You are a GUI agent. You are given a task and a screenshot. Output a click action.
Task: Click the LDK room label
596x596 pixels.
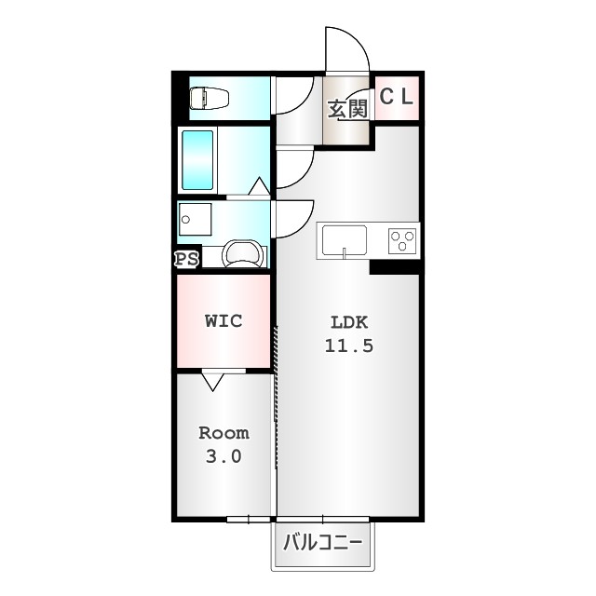pyautogui.click(x=350, y=323)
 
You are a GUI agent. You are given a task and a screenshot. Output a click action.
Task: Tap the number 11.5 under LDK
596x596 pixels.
pyautogui.click(x=349, y=345)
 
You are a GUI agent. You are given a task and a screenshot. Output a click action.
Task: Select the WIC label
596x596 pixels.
pyautogui.click(x=223, y=321)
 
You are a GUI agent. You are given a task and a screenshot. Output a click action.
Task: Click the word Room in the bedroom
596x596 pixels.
pyautogui.click(x=223, y=433)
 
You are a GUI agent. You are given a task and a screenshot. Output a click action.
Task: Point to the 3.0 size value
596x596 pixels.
pyautogui.click(x=223, y=456)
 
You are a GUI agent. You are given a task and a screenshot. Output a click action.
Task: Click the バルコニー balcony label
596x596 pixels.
pyautogui.click(x=321, y=541)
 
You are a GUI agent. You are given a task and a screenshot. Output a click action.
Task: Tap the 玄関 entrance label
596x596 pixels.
pyautogui.click(x=347, y=108)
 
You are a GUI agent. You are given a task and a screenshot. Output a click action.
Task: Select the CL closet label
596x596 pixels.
pyautogui.click(x=398, y=96)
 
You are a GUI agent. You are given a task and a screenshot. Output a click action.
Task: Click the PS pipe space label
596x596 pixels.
pyautogui.click(x=186, y=259)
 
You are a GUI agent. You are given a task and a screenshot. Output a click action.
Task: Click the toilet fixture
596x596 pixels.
pyautogui.click(x=210, y=97)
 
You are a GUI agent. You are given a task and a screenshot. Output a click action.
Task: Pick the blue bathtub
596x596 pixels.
pyautogui.click(x=197, y=160)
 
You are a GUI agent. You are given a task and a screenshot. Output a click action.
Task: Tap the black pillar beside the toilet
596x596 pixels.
pyautogui.click(x=180, y=97)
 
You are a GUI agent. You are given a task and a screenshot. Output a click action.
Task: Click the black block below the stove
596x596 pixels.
pyautogui.click(x=394, y=267)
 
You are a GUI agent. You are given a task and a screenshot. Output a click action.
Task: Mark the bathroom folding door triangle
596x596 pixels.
pyautogui.click(x=260, y=186)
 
